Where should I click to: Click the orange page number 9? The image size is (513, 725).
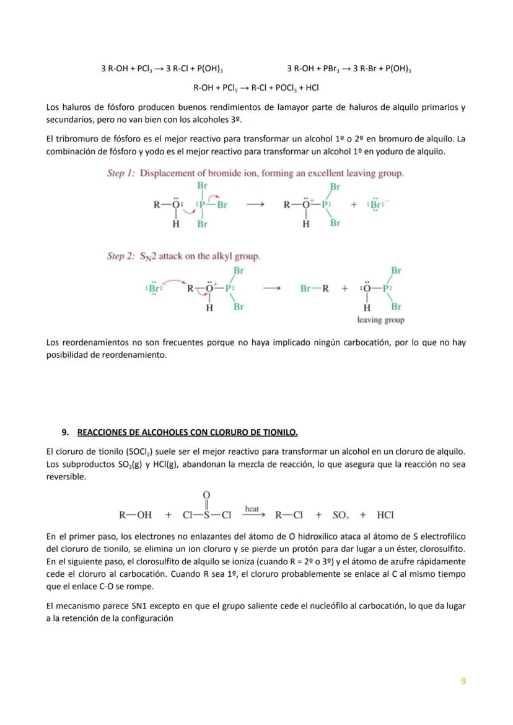point(463,681)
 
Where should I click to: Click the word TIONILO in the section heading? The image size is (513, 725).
point(281,432)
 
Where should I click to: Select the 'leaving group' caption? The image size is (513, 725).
point(380,320)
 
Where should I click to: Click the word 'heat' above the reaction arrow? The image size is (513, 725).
point(252,509)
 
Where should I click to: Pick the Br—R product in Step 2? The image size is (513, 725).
point(314,288)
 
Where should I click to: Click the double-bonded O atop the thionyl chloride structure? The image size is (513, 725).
point(206,494)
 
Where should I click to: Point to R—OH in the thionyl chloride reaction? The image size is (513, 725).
point(135,515)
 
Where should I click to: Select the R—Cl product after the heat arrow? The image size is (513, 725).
point(289,515)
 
